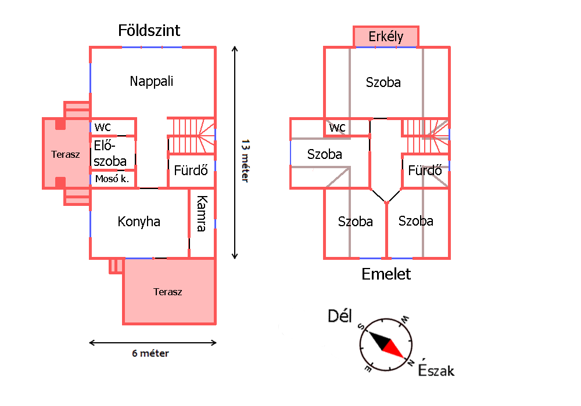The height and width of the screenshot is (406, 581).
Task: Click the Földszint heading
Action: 149,30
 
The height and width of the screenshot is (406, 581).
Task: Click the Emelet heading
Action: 386,274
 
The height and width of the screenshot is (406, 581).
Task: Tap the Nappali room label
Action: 151,81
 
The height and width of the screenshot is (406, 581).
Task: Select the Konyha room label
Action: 139,222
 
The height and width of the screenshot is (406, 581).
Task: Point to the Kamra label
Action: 202,213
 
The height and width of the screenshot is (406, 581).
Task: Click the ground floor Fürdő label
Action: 191,171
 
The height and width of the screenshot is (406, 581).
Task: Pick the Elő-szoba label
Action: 110,154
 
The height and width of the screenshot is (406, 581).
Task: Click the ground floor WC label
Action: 103,127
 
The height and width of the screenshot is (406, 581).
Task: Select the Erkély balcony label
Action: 386,37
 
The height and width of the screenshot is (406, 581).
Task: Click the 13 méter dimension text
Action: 245,161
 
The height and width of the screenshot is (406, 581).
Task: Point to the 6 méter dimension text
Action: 150,353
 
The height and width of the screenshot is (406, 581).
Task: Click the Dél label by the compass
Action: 340,316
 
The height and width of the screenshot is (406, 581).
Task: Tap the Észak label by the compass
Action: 436,370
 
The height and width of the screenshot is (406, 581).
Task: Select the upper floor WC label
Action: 338,127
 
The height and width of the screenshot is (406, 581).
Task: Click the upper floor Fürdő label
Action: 425,171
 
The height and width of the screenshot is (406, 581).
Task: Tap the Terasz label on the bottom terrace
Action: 168,292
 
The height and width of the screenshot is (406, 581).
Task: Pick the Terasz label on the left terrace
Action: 66,154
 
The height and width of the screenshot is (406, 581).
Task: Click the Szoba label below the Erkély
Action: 383,82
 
